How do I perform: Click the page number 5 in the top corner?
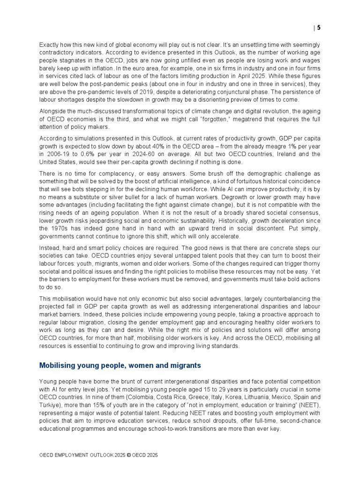click(x=319, y=28)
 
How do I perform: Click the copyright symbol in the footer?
click(x=129, y=455)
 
